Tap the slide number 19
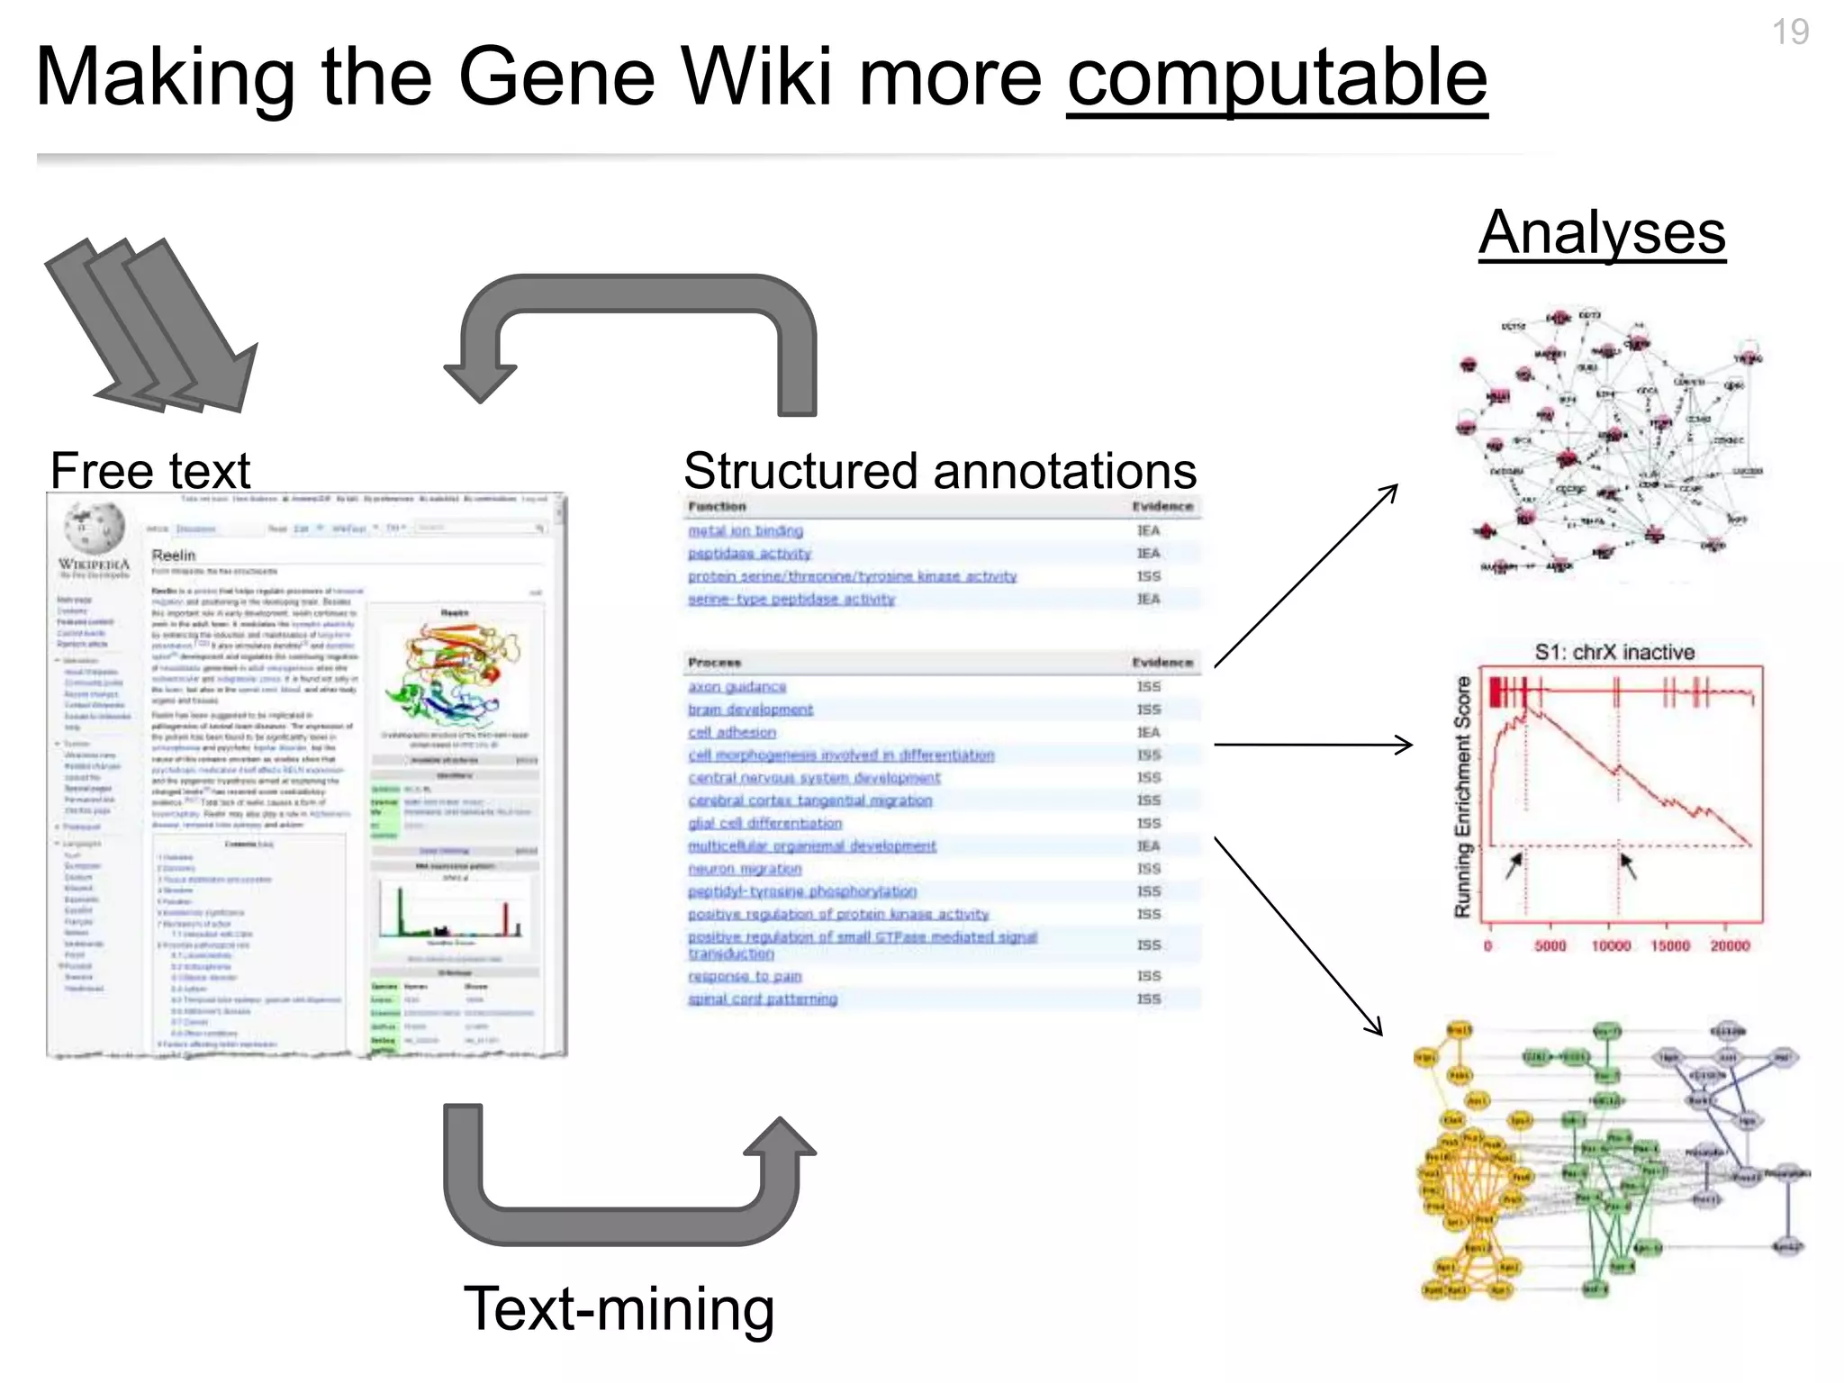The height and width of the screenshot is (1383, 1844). [1790, 32]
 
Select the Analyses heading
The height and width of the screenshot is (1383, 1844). [1602, 232]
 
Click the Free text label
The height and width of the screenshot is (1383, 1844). [149, 470]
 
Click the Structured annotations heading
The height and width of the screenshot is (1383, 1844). [939, 470]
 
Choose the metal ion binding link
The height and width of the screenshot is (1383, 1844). [746, 531]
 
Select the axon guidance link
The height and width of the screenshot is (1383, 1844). [737, 687]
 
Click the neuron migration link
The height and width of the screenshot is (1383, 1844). [745, 869]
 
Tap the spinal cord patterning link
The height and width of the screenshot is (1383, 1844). [763, 999]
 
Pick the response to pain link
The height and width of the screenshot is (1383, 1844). [745, 976]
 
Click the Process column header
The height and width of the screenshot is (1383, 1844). [714, 663]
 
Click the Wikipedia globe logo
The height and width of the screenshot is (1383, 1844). [94, 528]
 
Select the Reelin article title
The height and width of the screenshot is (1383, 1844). [174, 556]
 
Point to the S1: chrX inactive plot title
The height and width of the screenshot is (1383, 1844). [1613, 653]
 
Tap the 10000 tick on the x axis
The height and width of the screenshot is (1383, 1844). [1610, 946]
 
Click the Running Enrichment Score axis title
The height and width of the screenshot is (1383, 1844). [1463, 797]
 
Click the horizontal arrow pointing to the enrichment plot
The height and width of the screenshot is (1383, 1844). [1313, 745]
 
